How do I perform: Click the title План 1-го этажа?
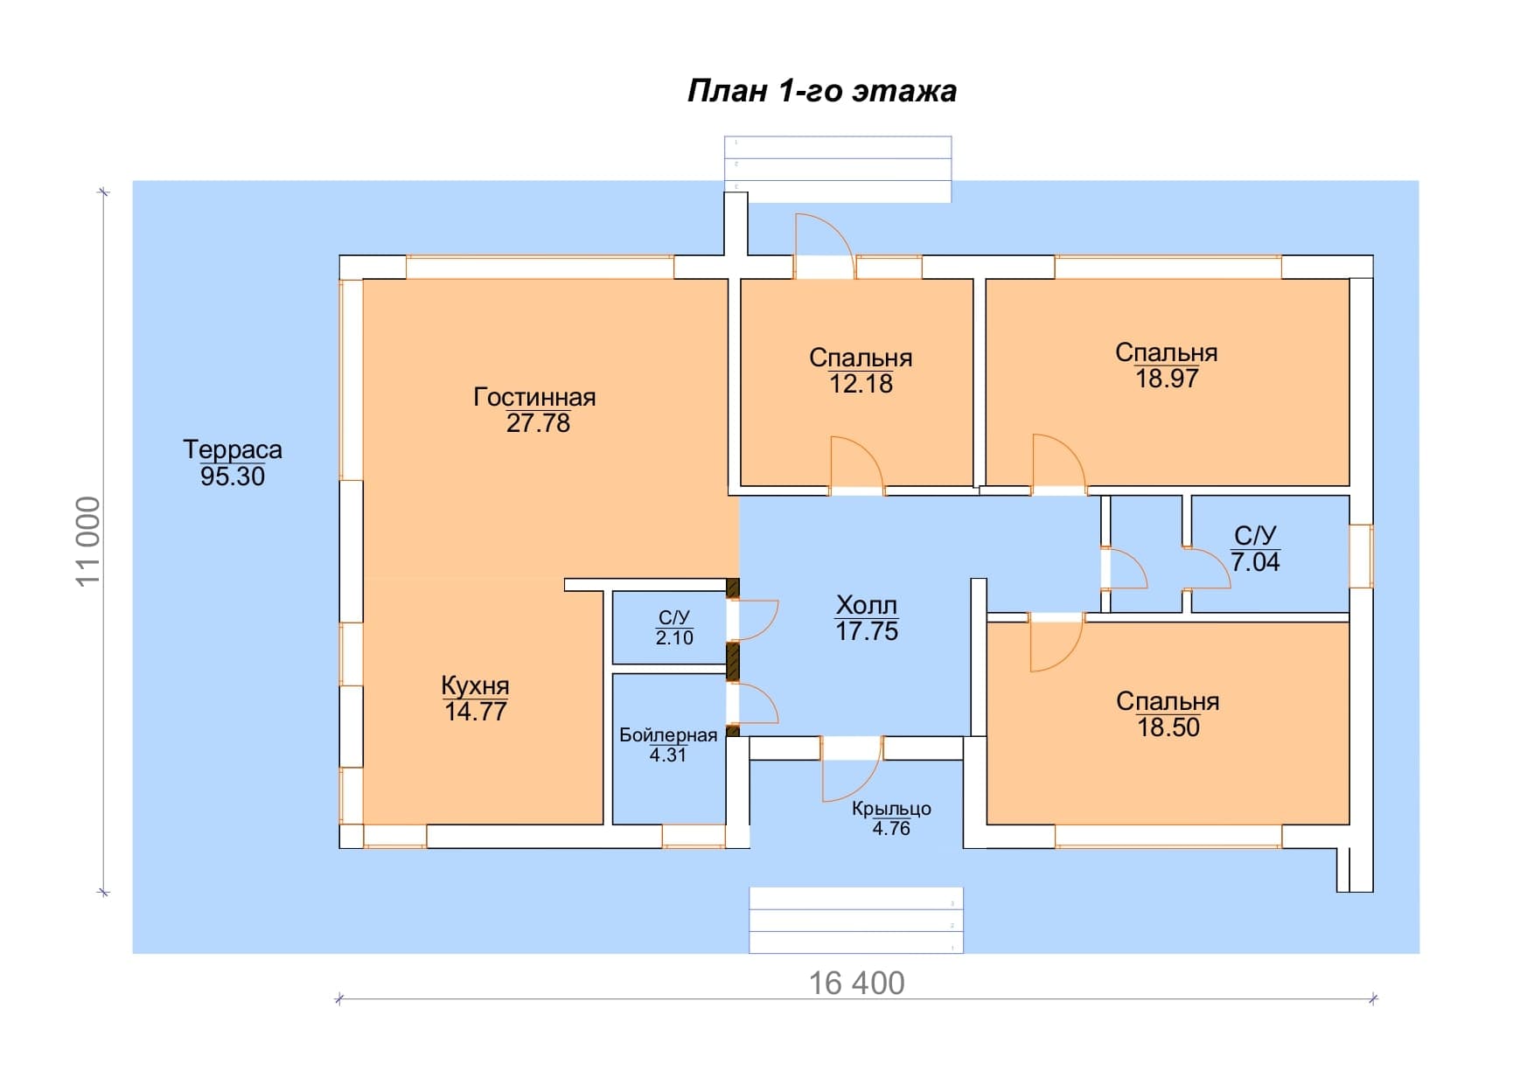click(821, 91)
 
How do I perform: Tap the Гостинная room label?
click(534, 397)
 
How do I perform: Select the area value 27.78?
click(538, 423)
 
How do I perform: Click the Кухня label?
click(475, 685)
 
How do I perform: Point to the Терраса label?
click(233, 450)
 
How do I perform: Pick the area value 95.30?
click(233, 476)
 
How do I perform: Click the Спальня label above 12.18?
click(861, 358)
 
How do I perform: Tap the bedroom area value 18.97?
click(1167, 379)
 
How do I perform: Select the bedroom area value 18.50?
click(1168, 727)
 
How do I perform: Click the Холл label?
click(867, 605)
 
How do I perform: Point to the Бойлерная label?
click(668, 735)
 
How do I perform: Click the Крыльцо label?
click(891, 809)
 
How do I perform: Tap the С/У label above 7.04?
click(1255, 535)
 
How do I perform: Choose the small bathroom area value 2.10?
click(674, 638)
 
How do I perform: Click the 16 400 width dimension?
click(856, 984)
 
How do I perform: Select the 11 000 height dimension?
click(89, 541)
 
